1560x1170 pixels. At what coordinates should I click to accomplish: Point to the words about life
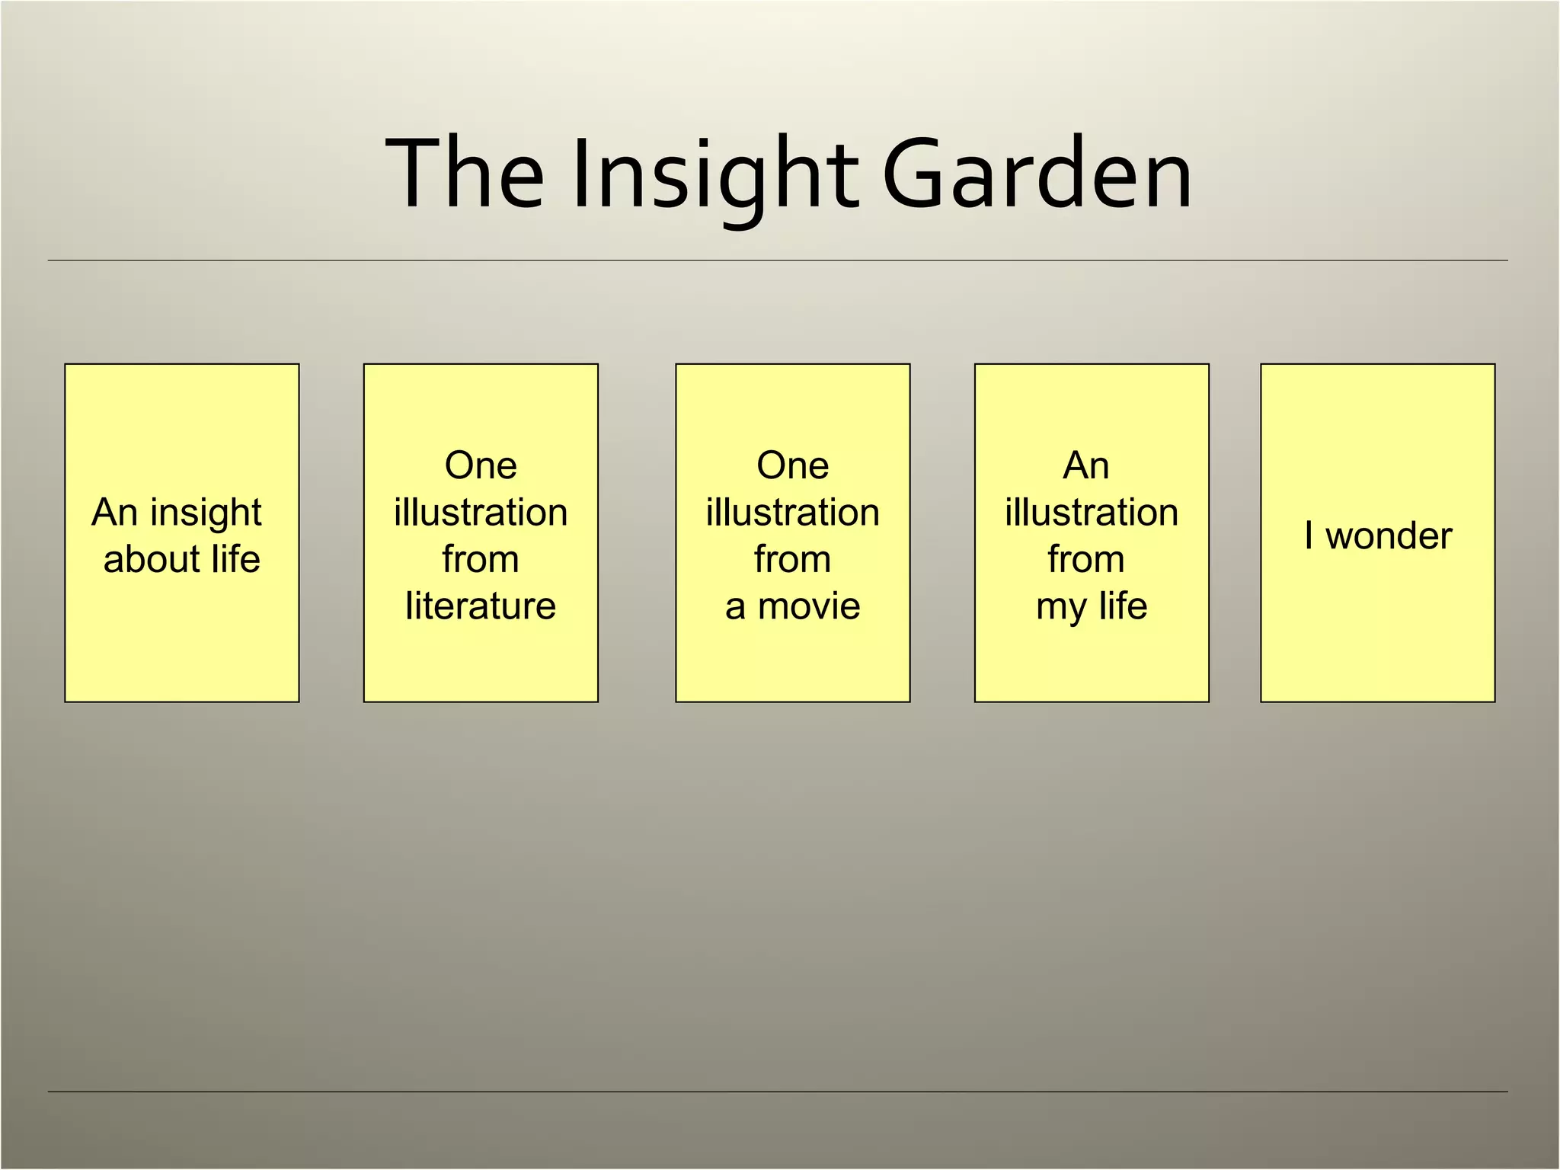point(182,560)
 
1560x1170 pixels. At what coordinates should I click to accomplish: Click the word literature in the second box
point(481,606)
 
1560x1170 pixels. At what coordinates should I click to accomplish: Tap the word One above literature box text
point(481,465)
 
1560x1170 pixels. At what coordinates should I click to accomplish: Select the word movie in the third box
point(809,607)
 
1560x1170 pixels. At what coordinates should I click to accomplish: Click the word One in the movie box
point(792,465)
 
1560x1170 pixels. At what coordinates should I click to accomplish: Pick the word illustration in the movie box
point(792,513)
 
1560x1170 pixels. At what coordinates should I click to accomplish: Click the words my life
point(1092,607)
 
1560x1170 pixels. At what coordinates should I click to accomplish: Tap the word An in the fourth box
point(1086,465)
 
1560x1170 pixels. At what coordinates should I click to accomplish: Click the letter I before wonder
point(1309,535)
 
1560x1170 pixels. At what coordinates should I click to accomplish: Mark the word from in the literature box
point(481,559)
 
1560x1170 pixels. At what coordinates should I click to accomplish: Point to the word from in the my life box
point(1086,559)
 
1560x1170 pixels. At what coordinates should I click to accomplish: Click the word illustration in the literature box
point(481,513)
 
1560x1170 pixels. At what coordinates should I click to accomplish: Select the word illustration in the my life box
point(1092,513)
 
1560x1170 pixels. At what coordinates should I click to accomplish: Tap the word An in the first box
point(114,513)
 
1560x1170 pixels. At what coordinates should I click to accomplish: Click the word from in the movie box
point(792,559)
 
